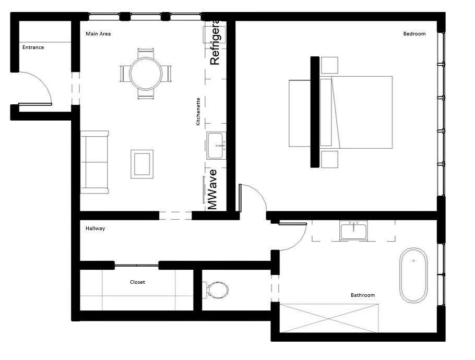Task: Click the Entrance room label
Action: coord(33,47)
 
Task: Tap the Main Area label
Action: coord(98,34)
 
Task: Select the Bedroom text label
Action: coord(414,34)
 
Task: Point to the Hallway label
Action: coord(95,229)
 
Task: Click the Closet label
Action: coord(137,282)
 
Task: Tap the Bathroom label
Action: coord(362,295)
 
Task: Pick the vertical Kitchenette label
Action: coord(198,112)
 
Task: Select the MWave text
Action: coord(212,189)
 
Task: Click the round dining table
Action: coord(146,74)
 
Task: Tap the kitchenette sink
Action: coord(216,146)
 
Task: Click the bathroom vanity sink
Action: coord(354,230)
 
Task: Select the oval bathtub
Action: coord(413,275)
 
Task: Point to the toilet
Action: coord(217,290)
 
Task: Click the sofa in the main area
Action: coord(94,162)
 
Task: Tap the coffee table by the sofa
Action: coord(141,163)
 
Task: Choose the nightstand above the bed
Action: coord(329,65)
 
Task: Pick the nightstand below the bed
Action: coord(329,159)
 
